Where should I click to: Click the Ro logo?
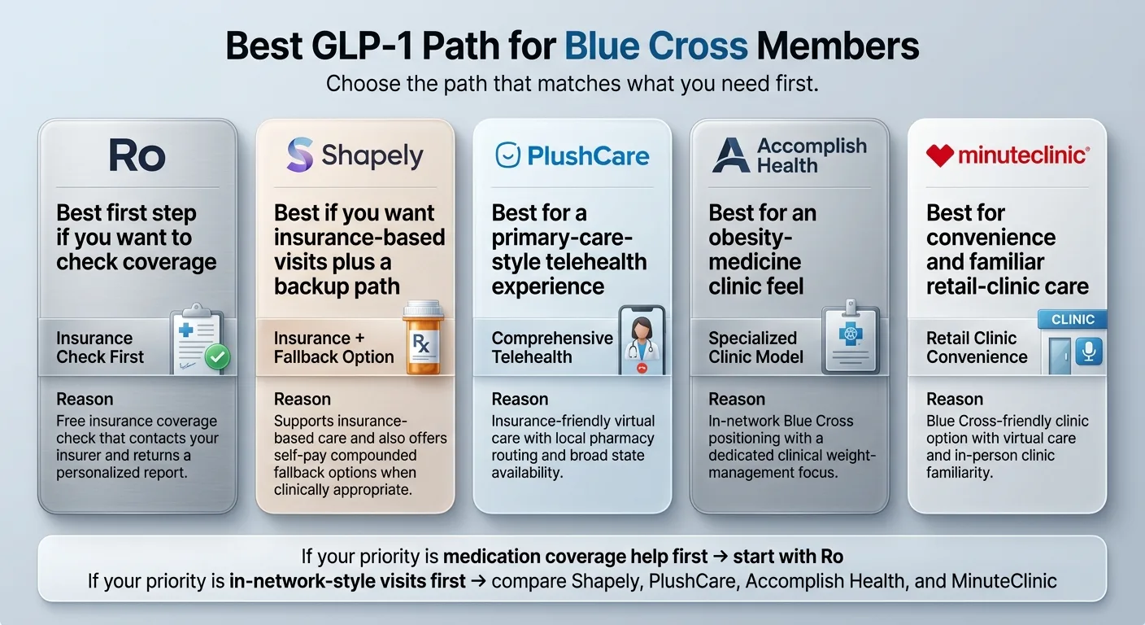[x=137, y=155]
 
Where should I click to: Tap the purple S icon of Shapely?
[x=300, y=155]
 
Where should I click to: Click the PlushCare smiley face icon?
[x=507, y=155]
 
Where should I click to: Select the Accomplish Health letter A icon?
[x=730, y=155]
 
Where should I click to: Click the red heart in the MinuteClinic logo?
[x=939, y=155]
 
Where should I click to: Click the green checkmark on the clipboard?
[x=218, y=356]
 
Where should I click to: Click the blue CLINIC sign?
[x=1073, y=320]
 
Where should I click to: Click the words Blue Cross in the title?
[x=655, y=46]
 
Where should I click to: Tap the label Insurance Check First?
[x=99, y=347]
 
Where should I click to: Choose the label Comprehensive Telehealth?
[x=551, y=347]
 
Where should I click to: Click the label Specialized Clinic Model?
[x=755, y=347]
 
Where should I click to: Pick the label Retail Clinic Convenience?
[x=976, y=347]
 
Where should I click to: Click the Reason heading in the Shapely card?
[x=302, y=400]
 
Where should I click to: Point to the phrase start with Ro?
[x=787, y=557]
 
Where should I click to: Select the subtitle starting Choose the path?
[x=572, y=84]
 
